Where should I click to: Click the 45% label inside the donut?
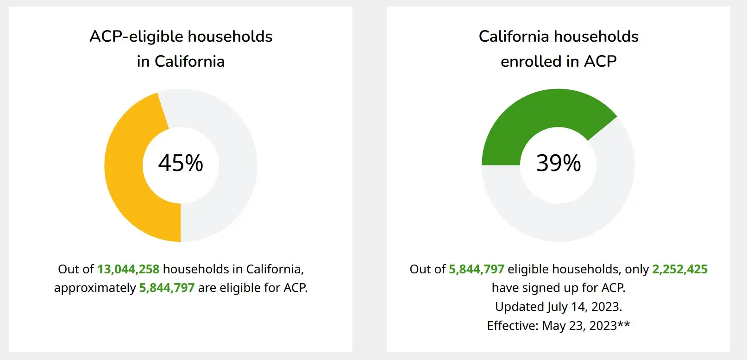181,163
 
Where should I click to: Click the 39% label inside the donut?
558,163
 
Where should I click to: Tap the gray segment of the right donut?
584,214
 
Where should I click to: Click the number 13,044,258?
128,269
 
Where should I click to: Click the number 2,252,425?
680,269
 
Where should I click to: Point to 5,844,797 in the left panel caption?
167,288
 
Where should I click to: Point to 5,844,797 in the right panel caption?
476,269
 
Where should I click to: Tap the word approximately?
95,288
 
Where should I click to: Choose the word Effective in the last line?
513,326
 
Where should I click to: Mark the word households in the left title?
230,37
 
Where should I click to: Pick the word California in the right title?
514,37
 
